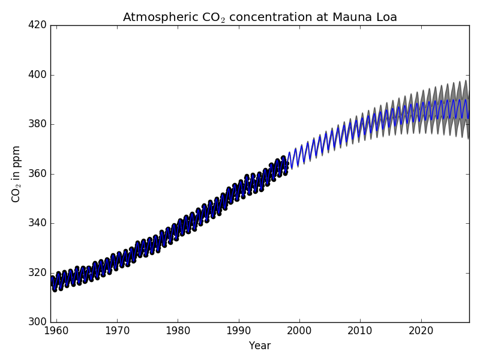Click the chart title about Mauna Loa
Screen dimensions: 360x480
260,17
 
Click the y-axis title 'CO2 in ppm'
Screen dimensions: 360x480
16,173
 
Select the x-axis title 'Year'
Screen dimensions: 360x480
260,346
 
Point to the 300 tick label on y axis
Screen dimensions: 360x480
38,322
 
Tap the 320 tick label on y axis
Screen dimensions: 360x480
38,272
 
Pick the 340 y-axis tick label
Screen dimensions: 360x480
38,223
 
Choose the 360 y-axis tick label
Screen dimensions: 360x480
38,174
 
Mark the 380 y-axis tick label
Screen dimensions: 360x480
38,124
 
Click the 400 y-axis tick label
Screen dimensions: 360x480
38,75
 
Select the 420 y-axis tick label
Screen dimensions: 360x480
38,26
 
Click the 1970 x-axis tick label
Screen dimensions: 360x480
117,331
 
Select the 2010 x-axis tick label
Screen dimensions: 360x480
361,331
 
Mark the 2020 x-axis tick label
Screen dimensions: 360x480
421,331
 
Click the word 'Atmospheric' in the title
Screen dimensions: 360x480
156,17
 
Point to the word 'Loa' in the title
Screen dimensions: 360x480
386,17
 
